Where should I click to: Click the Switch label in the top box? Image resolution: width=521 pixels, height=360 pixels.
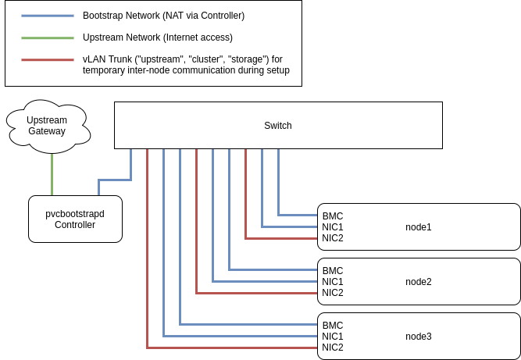(x=277, y=125)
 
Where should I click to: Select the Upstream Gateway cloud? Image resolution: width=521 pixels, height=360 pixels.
(x=47, y=125)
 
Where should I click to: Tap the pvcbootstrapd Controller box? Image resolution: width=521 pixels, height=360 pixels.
(x=75, y=219)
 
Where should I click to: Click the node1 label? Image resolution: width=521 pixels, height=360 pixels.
(x=418, y=227)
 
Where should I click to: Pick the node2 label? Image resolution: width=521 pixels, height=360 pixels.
(x=418, y=282)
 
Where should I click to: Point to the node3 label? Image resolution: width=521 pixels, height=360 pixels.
(x=418, y=337)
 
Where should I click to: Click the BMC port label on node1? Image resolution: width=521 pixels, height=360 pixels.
(x=332, y=216)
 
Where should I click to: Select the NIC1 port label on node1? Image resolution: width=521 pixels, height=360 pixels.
(x=332, y=227)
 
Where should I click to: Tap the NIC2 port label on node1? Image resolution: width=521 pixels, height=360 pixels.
(x=332, y=238)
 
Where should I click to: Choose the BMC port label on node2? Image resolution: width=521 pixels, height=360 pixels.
(x=332, y=271)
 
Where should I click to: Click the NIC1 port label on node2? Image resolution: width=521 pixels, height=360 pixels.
(x=332, y=282)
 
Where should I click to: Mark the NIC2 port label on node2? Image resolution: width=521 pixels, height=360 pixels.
(x=332, y=293)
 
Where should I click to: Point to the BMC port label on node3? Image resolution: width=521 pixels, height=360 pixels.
(x=332, y=326)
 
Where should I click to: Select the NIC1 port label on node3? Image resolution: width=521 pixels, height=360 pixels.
(x=332, y=337)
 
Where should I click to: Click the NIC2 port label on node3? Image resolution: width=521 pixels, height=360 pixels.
(x=332, y=348)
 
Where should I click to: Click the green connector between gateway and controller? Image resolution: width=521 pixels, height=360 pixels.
(x=52, y=173)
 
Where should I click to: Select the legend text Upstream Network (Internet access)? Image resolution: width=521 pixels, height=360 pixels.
(x=157, y=37)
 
